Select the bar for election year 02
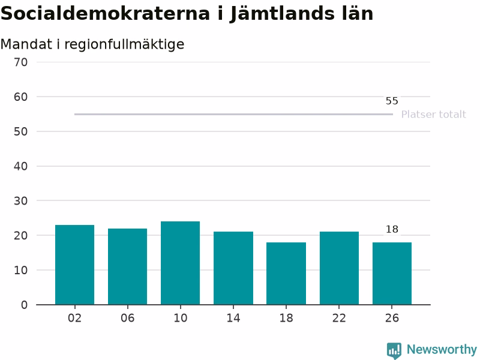pyautogui.click(x=74, y=265)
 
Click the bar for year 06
pyautogui.click(x=127, y=266)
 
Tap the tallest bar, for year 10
pyautogui.click(x=181, y=263)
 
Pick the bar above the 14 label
pyautogui.click(x=233, y=268)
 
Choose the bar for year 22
pyautogui.click(x=339, y=268)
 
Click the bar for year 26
pyautogui.click(x=392, y=274)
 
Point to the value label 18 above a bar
pyautogui.click(x=392, y=229)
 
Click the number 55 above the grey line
pyautogui.click(x=392, y=101)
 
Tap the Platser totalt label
pyautogui.click(x=433, y=115)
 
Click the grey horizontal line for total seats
pyautogui.click(x=233, y=114)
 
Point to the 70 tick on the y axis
pyautogui.click(x=21, y=62)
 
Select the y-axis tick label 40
pyautogui.click(x=21, y=166)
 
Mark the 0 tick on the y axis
pyautogui.click(x=24, y=305)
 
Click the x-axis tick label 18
pyautogui.click(x=286, y=318)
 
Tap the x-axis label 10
pyautogui.click(x=181, y=318)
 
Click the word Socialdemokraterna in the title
pyautogui.click(x=106, y=13)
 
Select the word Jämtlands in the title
pyautogui.click(x=281, y=14)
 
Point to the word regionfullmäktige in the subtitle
pyautogui.click(x=124, y=44)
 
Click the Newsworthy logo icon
pyautogui.click(x=394, y=350)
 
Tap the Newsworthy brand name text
pyautogui.click(x=442, y=349)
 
